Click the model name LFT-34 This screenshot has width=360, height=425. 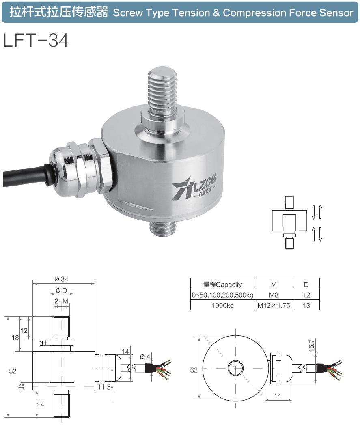(36, 41)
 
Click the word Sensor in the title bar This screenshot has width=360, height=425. (335, 13)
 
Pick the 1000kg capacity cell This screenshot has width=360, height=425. (222, 306)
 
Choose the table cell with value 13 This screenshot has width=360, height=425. (306, 306)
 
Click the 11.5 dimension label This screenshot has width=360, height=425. (103, 387)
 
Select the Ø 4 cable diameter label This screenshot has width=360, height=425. (145, 356)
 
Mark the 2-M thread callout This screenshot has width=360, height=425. (61, 301)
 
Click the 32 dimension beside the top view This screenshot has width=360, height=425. (194, 370)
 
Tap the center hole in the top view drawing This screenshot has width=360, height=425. (233, 369)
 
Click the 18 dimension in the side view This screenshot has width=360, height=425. (15, 338)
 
